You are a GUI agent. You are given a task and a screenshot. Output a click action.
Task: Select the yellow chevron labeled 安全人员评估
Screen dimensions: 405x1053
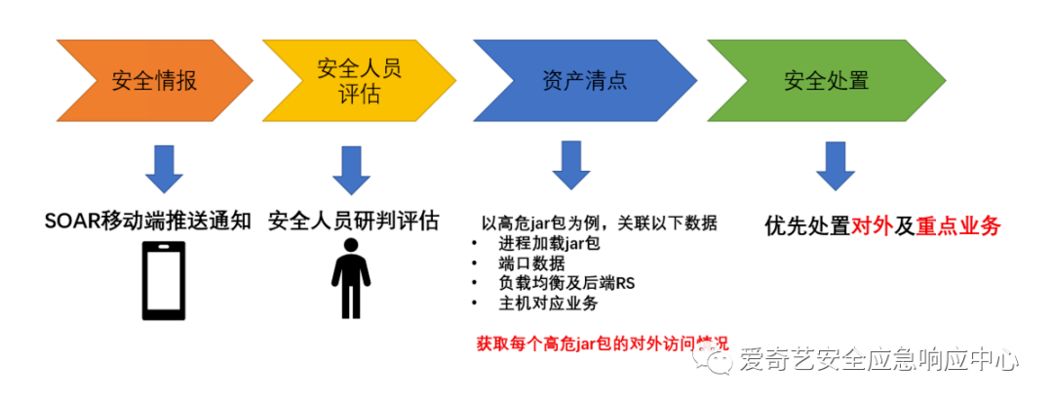(x=357, y=80)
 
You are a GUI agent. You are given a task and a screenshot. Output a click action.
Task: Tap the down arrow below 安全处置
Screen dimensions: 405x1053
(x=835, y=165)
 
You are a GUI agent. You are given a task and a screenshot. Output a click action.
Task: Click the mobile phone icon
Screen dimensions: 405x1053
(x=164, y=280)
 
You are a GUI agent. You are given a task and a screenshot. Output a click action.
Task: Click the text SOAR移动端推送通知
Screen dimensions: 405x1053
(x=147, y=221)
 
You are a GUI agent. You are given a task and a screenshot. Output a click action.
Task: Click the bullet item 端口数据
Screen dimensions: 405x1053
(x=531, y=263)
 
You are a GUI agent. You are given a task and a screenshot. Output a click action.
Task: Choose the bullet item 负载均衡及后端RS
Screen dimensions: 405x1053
(x=566, y=284)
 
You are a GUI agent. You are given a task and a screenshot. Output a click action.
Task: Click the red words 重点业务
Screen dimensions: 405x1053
(x=958, y=226)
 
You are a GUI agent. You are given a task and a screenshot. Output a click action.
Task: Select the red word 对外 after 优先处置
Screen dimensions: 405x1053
(x=872, y=226)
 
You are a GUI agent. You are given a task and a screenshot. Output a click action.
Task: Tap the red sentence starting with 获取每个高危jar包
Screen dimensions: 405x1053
(x=602, y=344)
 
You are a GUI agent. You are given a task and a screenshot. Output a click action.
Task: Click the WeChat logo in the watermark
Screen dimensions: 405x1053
(x=721, y=362)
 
